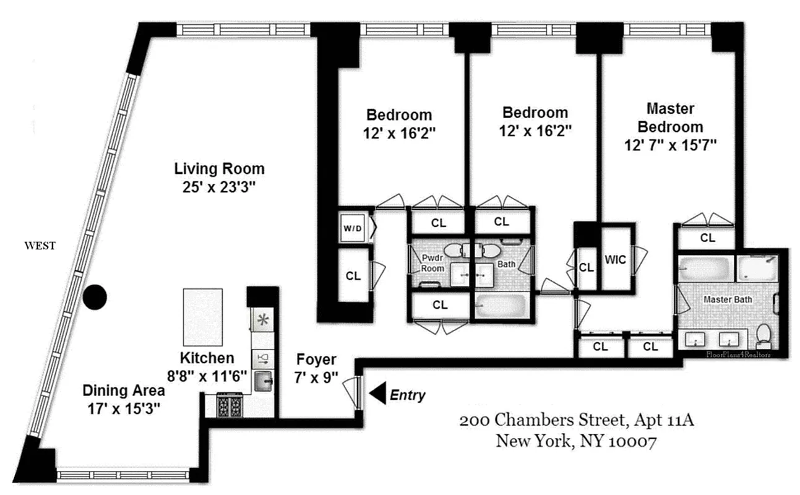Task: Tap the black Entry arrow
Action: click(x=377, y=393)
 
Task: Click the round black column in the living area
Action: click(x=95, y=298)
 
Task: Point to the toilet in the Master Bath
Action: click(x=763, y=334)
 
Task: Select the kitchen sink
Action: click(x=263, y=382)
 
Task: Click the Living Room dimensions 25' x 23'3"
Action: click(x=219, y=187)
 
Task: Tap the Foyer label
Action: click(x=316, y=359)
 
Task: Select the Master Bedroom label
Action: click(x=671, y=118)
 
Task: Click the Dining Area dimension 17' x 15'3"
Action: click(x=124, y=409)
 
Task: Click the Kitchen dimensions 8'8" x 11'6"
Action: click(x=207, y=376)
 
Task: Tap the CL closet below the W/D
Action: click(x=353, y=276)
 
